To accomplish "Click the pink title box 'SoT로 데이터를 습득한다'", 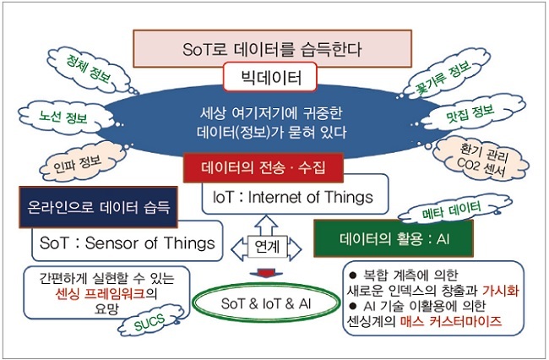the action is (272, 48).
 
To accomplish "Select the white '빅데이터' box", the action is (270, 77).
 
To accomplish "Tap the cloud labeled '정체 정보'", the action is (90, 69).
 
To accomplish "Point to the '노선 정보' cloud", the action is (65, 117).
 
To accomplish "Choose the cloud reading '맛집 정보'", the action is (471, 114).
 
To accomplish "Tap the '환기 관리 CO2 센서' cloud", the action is (481, 160).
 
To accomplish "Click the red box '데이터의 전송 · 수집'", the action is (264, 167).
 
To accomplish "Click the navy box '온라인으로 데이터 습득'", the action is (98, 207).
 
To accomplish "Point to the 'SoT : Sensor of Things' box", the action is (128, 243).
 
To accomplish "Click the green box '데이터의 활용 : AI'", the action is (394, 239).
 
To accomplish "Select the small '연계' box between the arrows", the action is (267, 247).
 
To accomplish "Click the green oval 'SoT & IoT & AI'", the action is (266, 303).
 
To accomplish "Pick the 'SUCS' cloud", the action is (150, 321).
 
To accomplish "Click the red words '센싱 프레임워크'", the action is (101, 294).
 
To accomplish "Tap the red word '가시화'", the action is (500, 291).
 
